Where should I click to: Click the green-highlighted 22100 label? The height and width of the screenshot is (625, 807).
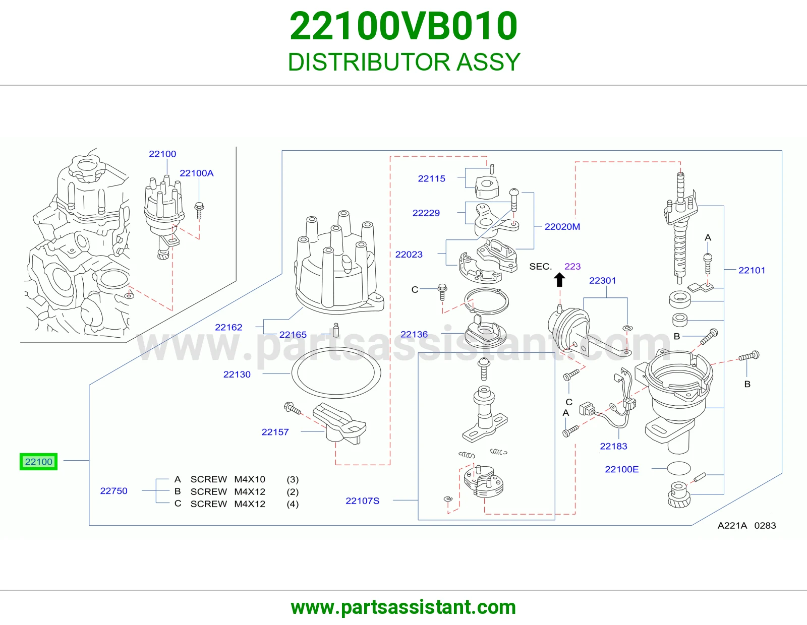tap(39, 462)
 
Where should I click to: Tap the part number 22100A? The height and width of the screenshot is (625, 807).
tap(197, 173)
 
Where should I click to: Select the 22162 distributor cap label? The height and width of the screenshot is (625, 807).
tap(228, 327)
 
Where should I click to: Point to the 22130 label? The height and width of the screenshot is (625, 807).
tap(237, 374)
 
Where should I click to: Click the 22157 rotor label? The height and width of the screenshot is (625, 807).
tap(275, 431)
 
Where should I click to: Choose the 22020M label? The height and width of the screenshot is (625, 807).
tap(562, 226)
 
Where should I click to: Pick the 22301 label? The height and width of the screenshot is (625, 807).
tap(602, 280)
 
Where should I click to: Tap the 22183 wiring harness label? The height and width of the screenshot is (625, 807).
tap(613, 446)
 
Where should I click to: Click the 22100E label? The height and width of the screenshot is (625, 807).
tap(622, 469)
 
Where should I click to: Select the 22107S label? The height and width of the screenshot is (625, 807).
tap(363, 501)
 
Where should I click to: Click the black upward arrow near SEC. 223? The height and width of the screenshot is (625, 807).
tap(559, 280)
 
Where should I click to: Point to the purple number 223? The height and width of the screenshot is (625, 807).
tap(572, 266)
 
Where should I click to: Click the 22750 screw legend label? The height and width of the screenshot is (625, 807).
tap(113, 490)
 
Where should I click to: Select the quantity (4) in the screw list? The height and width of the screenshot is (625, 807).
tap(293, 504)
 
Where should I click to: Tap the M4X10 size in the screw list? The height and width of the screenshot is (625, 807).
tap(250, 479)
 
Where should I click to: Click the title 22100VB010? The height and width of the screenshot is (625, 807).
tap(403, 26)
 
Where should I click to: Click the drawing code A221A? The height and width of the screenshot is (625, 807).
tap(732, 526)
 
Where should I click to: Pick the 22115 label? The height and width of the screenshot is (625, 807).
tap(432, 178)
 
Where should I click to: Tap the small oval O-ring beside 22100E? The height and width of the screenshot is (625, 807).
tap(679, 468)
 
